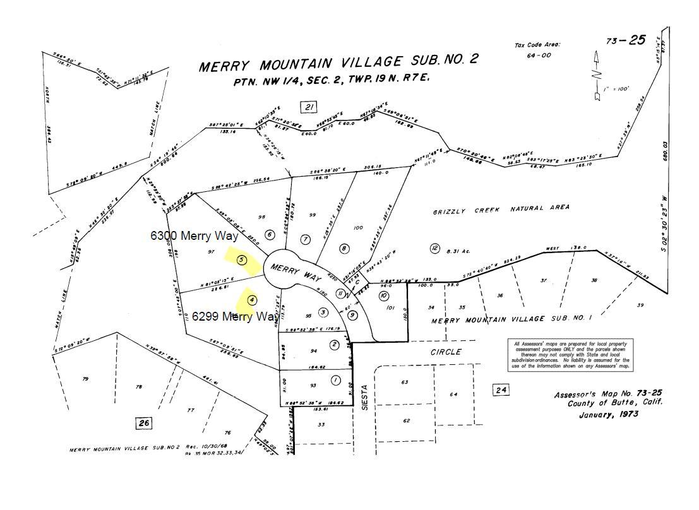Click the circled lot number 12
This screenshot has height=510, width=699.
[x=434, y=248]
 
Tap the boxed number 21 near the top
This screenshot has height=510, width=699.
[x=309, y=107]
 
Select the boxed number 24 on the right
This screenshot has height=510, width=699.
[x=501, y=390]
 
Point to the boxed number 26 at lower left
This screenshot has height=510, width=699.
[x=144, y=423]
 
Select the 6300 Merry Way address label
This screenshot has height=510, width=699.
[x=194, y=236]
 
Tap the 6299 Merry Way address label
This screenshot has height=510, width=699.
[x=234, y=316]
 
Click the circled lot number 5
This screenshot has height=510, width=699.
[x=241, y=259]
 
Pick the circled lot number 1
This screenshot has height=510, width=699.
[x=335, y=380]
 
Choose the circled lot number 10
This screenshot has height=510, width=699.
[x=384, y=295]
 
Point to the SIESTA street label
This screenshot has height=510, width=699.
[x=364, y=398]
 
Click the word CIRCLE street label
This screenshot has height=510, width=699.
[x=446, y=352]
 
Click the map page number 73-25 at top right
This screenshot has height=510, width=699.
[x=625, y=40]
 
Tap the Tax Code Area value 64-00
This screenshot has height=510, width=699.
[x=538, y=56]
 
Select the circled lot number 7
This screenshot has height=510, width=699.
[x=306, y=239]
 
